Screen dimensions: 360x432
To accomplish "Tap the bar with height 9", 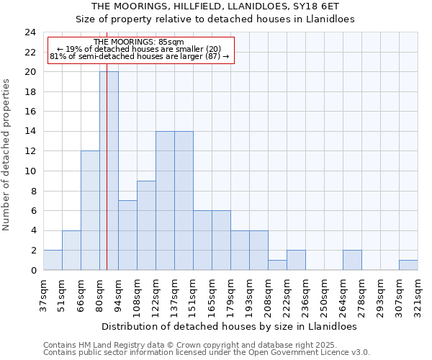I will pos(146,225).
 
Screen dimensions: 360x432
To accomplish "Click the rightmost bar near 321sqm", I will pos(408,265).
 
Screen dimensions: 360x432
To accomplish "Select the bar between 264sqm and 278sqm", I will pos(352,260).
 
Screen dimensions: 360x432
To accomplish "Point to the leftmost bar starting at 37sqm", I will pos(53,260).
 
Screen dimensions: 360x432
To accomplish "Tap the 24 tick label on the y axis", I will pos(30,32).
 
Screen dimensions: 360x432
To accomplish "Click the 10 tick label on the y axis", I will pos(30,171).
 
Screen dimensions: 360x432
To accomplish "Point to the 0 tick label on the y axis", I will pos(32,270).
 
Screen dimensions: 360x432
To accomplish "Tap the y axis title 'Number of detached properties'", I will pos(6,155).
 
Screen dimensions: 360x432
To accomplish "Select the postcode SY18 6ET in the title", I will pos(325,6).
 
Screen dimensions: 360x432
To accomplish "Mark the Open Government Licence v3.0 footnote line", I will pos(207,353).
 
